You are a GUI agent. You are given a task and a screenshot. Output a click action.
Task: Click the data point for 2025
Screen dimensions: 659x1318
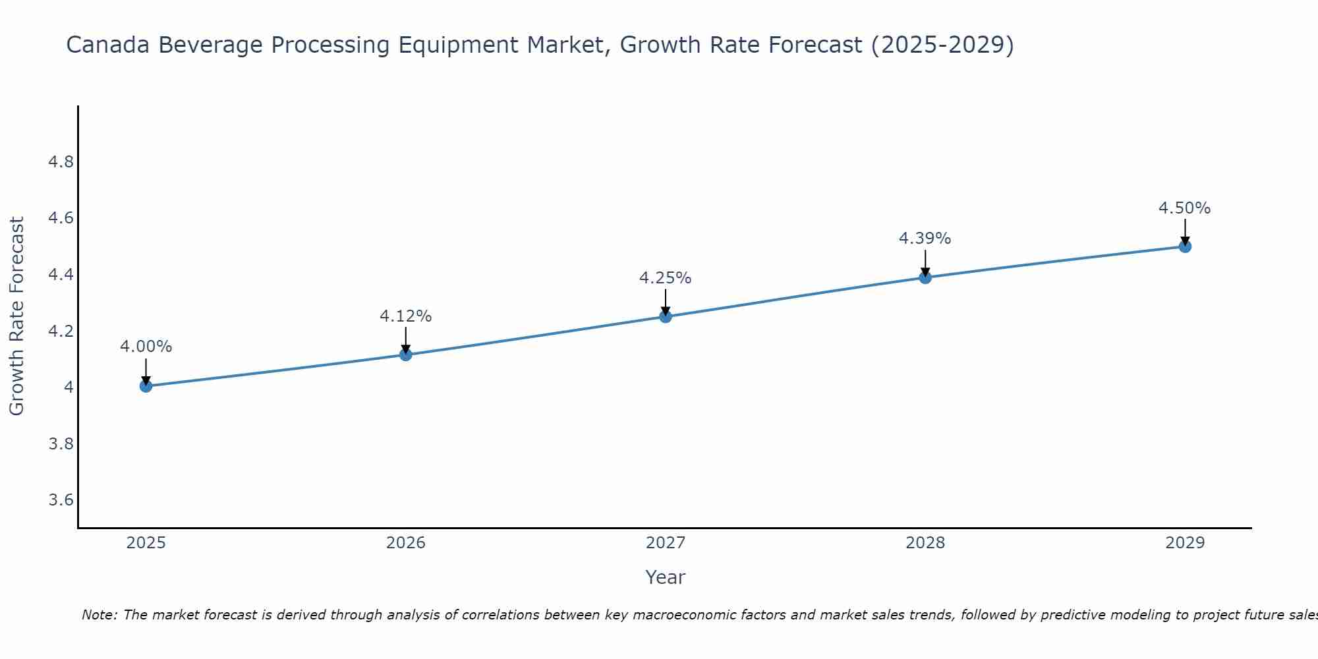click(x=146, y=386)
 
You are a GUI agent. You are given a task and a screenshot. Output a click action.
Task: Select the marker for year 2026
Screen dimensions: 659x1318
click(x=406, y=355)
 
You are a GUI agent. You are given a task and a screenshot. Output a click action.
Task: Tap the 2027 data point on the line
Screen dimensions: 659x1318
click(x=666, y=317)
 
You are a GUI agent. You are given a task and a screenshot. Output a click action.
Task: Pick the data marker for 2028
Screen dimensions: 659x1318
click(x=925, y=277)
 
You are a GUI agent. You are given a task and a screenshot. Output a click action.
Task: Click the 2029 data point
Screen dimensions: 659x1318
click(x=1185, y=246)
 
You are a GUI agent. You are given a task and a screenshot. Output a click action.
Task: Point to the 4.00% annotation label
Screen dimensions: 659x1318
click(x=146, y=347)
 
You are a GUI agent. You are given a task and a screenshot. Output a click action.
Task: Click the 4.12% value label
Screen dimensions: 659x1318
click(x=406, y=316)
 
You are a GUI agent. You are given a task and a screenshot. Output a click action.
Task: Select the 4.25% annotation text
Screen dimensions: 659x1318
click(x=666, y=278)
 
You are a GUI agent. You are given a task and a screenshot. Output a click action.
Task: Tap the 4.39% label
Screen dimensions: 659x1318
click(x=925, y=239)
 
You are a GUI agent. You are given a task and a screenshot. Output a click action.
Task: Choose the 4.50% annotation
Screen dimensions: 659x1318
click(x=1185, y=208)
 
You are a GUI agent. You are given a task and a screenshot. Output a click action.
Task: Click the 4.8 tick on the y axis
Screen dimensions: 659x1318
click(x=61, y=162)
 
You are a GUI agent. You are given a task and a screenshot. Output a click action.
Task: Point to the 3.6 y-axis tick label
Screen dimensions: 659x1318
click(x=61, y=500)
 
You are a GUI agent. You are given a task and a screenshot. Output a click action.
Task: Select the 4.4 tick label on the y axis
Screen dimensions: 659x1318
click(x=61, y=275)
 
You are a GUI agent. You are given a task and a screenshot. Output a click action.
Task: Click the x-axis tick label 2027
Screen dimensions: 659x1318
click(x=666, y=543)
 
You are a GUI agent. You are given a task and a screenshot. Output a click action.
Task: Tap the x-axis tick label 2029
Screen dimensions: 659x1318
click(x=1185, y=543)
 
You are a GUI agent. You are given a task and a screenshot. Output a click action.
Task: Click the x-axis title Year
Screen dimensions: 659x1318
click(x=666, y=577)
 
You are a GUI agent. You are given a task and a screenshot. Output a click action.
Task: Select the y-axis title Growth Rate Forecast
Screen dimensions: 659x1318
click(x=16, y=316)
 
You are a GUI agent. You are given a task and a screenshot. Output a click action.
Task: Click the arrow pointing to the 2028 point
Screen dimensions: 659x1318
click(x=925, y=263)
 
